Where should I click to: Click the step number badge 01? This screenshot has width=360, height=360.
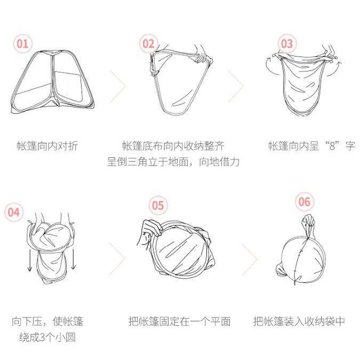click(23, 44)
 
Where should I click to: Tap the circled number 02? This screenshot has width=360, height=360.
click(149, 44)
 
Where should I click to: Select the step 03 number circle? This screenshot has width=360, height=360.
click(287, 44)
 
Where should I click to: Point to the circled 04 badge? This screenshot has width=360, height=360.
click(14, 212)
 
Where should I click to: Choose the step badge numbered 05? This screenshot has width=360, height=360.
click(158, 205)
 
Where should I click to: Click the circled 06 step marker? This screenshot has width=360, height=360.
click(305, 202)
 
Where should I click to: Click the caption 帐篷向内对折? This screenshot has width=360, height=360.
click(47, 146)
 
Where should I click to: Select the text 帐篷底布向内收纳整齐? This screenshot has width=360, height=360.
click(173, 146)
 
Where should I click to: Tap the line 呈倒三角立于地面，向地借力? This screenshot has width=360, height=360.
click(173, 162)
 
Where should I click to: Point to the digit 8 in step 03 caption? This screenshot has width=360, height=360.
click(332, 146)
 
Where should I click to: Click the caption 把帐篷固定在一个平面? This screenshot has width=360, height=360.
click(180, 321)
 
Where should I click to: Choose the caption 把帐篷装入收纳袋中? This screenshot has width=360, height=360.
click(299, 321)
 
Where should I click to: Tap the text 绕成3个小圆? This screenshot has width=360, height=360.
click(47, 337)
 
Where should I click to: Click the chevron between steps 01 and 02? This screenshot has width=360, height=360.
click(118, 86)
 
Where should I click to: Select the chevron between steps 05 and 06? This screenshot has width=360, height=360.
click(250, 260)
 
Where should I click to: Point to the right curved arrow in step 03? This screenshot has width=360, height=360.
click(335, 68)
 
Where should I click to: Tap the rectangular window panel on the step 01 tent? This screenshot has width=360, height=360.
click(68, 86)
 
